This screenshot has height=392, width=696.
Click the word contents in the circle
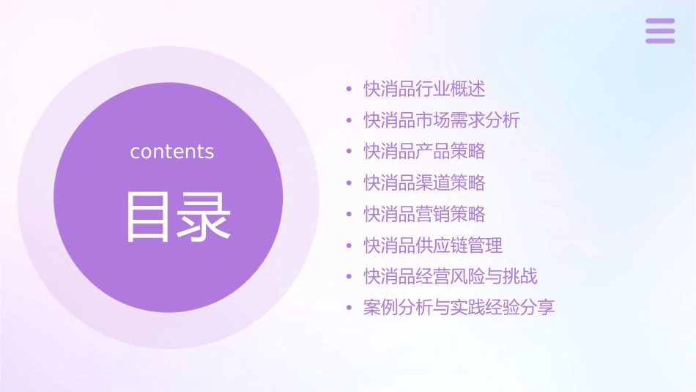click(x=172, y=152)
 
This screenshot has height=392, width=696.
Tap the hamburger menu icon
click(x=660, y=31)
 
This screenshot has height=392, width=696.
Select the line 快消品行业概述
click(x=424, y=89)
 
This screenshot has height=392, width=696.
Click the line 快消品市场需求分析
click(x=442, y=120)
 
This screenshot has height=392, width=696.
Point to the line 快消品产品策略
click(x=424, y=152)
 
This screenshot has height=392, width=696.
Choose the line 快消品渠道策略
click(x=424, y=182)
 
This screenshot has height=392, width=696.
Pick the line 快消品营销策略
click(x=424, y=214)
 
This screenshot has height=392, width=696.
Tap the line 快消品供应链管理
click(x=433, y=245)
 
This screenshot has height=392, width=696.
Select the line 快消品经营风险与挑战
click(x=451, y=276)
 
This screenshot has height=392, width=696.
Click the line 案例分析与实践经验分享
click(x=459, y=307)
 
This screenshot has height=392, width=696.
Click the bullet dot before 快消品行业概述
click(x=349, y=90)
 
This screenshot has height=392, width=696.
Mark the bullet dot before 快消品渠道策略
click(x=349, y=183)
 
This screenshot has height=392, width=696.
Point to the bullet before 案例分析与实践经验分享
click(x=349, y=308)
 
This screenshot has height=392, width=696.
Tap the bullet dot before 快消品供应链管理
click(x=349, y=245)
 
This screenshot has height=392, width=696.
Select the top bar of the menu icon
click(x=660, y=21)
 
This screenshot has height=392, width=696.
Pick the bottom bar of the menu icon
click(x=660, y=40)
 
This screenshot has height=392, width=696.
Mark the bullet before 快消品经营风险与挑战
click(x=349, y=277)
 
